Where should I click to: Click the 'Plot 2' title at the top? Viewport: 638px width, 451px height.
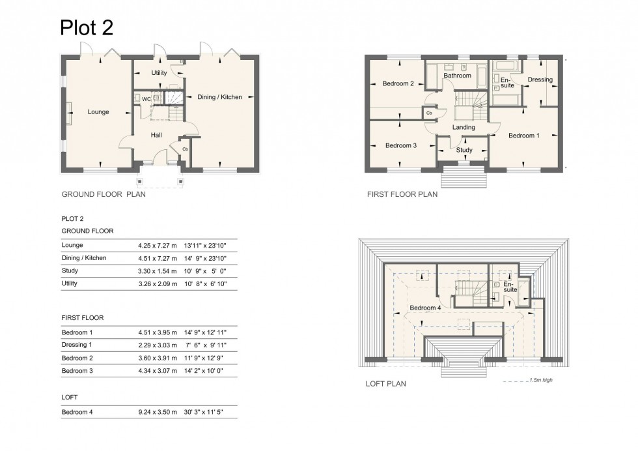pos(87,27)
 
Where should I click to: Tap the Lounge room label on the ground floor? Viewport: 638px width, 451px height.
pos(98,112)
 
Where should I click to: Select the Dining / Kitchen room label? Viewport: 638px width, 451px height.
pos(219,97)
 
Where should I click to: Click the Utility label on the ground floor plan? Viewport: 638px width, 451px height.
pos(159,73)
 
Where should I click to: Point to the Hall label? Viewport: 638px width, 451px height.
pos(156,135)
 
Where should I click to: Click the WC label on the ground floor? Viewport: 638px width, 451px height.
pos(146,99)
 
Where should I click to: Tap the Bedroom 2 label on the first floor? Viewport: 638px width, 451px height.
pos(398,83)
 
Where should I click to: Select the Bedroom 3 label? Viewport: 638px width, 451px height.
pos(400,145)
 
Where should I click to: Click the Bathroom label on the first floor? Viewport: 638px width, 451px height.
pos(457,76)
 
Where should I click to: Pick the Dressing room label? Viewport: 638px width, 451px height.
pos(540,80)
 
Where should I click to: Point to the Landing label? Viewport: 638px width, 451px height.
pos(464,127)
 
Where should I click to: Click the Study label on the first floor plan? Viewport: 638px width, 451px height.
pos(464,150)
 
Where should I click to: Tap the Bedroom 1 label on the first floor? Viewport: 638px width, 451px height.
pos(523,136)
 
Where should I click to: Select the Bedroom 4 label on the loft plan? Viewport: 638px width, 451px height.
pos(425,308)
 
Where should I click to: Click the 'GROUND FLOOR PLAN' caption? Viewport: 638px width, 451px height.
pos(104,194)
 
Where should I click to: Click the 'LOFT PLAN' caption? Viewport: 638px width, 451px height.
pos(386,384)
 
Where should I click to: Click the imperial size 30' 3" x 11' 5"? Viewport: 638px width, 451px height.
pos(206,412)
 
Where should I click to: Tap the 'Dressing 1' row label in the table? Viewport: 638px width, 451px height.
pos(77,345)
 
